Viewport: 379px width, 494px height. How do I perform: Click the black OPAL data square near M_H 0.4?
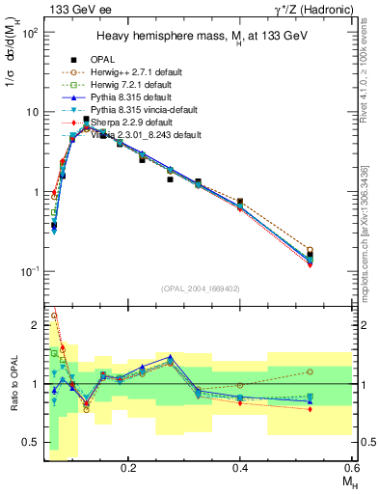click(x=240, y=202)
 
